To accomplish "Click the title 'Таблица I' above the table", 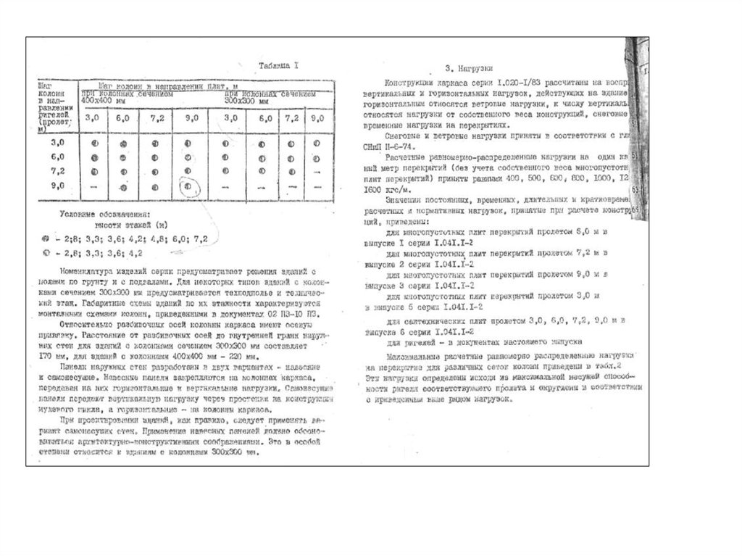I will point(280,66).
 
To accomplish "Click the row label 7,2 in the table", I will point(58,171).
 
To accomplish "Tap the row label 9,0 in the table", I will point(58,186).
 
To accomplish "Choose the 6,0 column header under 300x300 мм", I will point(261,118).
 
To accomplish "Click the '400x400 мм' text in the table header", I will point(103,100).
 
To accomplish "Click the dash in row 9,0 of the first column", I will point(93,187).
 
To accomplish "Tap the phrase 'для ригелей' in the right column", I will point(408,342).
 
